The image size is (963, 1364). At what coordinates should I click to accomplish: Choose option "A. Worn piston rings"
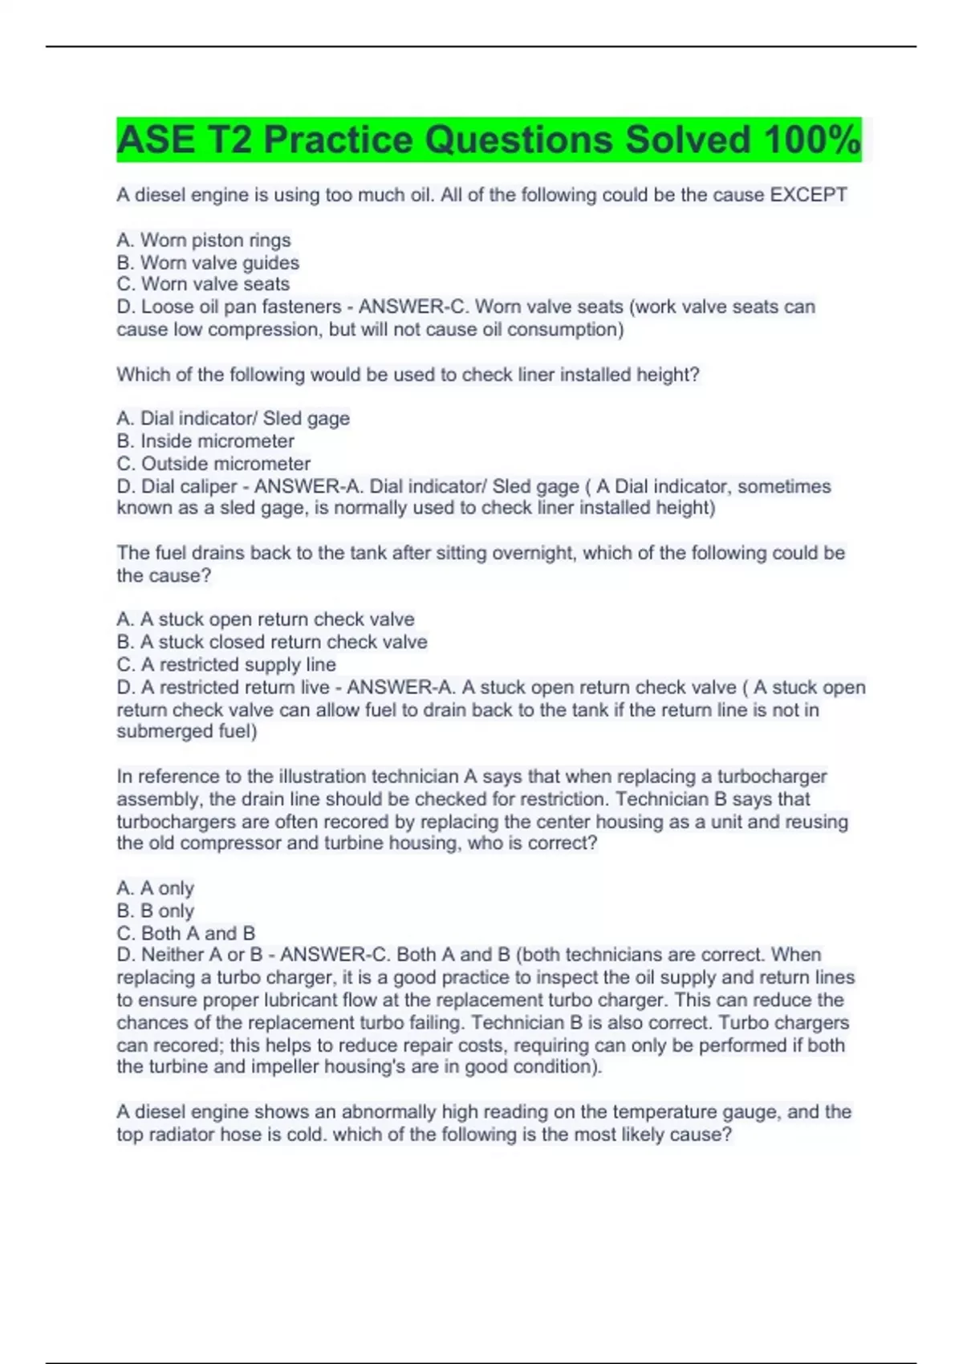click(204, 240)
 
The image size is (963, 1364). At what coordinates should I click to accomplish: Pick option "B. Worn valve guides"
click(208, 262)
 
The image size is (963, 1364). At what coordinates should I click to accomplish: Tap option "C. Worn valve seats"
click(203, 284)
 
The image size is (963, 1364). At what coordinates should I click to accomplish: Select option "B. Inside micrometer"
click(205, 440)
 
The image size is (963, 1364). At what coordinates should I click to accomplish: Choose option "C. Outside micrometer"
click(213, 463)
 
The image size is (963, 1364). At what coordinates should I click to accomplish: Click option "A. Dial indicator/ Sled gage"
click(233, 418)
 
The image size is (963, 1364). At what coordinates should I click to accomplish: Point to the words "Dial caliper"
click(189, 486)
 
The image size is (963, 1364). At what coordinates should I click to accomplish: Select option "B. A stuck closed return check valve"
click(272, 642)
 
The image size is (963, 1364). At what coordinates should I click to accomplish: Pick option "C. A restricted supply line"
click(226, 664)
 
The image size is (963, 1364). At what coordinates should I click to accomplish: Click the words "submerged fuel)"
click(187, 731)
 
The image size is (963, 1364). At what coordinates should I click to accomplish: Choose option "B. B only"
click(156, 911)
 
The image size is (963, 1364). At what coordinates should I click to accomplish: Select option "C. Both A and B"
click(186, 933)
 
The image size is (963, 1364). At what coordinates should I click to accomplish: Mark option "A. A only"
click(156, 888)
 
